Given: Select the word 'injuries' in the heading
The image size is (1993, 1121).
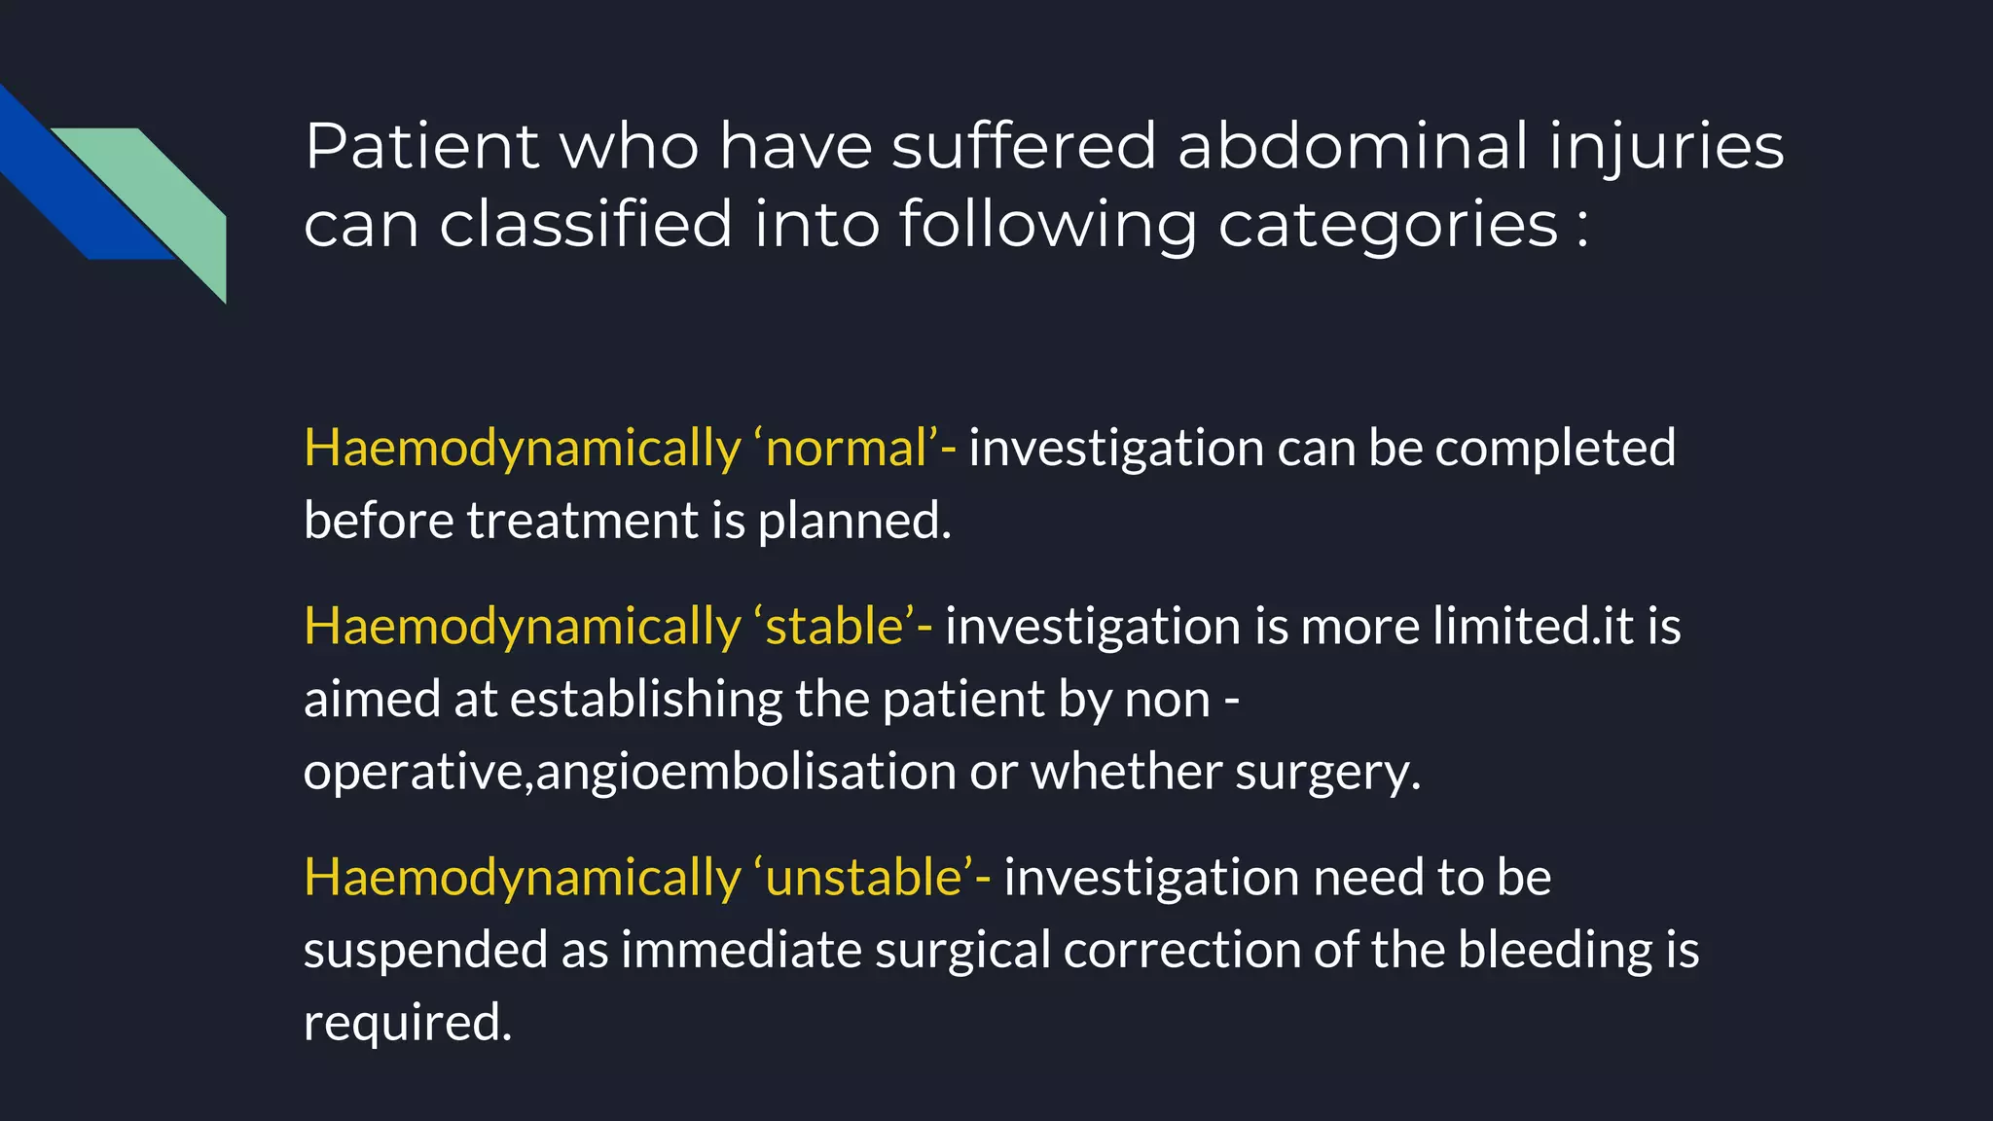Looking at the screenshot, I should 1666,148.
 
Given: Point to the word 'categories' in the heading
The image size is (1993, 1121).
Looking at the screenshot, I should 1389,226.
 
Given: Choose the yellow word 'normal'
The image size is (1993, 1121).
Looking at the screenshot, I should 846,449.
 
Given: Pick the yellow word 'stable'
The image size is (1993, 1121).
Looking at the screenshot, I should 834,626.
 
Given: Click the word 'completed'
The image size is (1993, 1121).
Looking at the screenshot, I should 1555,449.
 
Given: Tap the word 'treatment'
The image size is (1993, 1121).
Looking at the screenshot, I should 582,521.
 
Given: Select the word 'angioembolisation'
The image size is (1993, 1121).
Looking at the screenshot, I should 745,773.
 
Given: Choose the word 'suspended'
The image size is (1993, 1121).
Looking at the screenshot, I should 425,951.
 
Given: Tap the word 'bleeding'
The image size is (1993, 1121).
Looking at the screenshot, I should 1555,951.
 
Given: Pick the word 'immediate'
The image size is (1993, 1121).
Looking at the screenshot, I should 741,950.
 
